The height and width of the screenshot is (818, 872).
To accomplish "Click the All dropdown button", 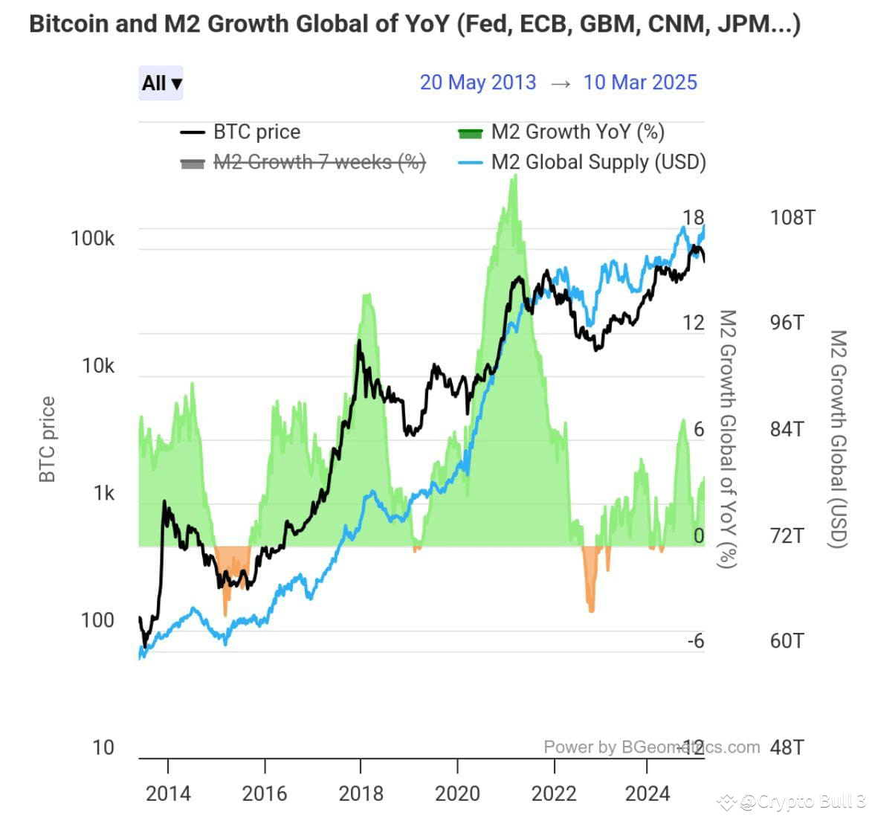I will coord(161,83).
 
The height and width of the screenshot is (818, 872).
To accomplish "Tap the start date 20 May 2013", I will coord(477,82).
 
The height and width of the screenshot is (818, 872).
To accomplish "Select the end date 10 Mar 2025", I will coord(640,82).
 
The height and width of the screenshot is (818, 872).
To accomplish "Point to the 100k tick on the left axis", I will coord(93,239).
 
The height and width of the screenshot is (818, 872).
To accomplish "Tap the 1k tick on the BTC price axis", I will coord(103,493).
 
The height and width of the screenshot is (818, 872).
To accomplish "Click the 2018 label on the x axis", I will coord(361,793).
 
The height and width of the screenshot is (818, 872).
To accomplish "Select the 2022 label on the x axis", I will coord(554,793).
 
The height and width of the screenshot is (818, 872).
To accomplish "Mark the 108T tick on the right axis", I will coord(792,218).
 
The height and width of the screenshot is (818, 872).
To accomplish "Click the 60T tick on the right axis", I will coord(787,641).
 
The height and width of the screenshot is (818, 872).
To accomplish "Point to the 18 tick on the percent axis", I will coord(693,218).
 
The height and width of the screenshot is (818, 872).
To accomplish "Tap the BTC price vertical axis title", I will coord(48,439).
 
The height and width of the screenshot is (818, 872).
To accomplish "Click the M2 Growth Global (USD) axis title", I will coord(838,439).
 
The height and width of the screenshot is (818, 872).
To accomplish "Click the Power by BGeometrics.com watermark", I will coord(651,747).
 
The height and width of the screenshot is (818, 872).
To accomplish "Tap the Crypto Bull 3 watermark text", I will coord(803,801).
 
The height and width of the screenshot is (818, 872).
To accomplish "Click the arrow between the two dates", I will coord(561,83).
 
